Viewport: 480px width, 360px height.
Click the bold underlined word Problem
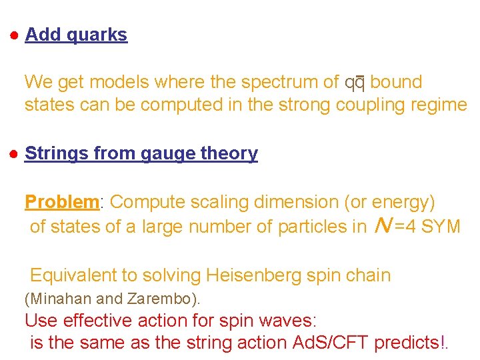61,202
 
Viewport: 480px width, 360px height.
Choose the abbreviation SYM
440,227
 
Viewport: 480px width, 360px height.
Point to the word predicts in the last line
407,343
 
